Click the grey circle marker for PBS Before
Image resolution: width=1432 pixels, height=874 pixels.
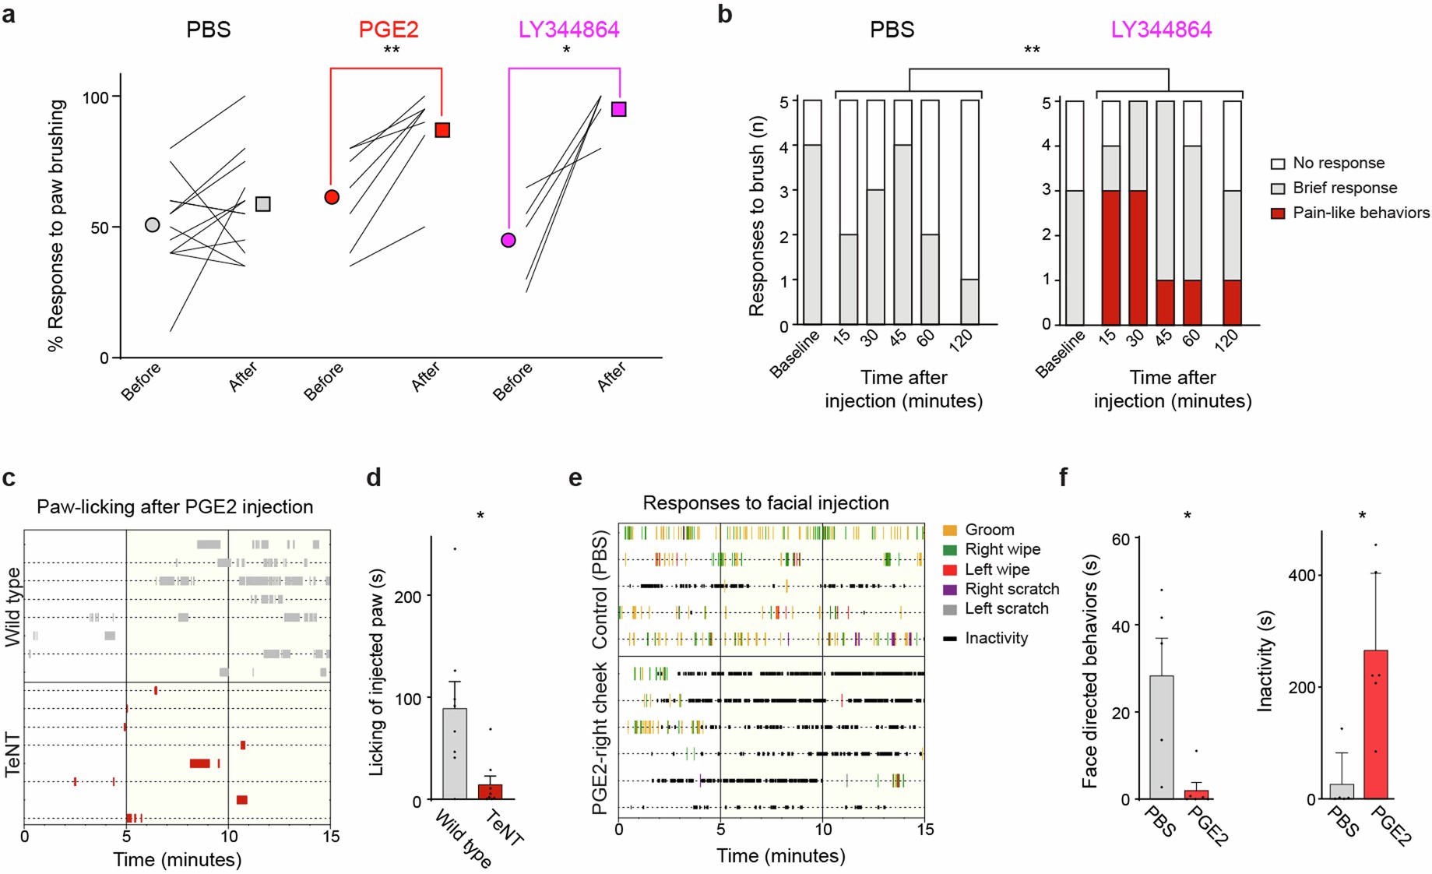[x=153, y=224]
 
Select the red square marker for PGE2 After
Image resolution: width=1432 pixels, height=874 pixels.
[x=442, y=130]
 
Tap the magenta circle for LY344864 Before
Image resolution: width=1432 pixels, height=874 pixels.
[x=508, y=240]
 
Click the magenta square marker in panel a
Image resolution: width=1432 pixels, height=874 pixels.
[x=619, y=109]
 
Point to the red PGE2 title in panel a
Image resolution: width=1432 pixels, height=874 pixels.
[x=389, y=30]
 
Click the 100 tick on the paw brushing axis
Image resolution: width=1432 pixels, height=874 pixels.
[x=96, y=97]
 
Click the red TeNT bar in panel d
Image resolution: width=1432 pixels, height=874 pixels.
[x=490, y=791]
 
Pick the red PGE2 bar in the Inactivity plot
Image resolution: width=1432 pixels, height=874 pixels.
[x=1376, y=724]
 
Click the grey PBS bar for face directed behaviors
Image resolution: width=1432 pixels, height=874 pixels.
[x=1161, y=737]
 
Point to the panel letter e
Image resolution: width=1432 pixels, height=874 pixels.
[x=575, y=478]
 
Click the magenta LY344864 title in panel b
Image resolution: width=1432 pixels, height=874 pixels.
[x=1161, y=30]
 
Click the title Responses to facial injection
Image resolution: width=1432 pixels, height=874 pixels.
[x=765, y=503]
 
